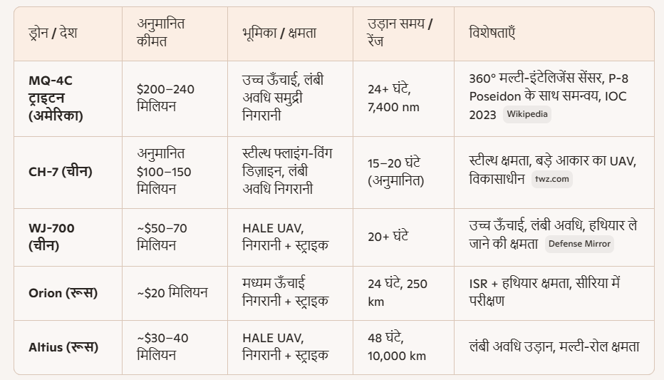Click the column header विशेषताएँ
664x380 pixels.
click(x=492, y=33)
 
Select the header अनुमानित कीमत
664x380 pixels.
click(x=161, y=33)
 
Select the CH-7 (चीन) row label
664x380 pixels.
click(x=61, y=171)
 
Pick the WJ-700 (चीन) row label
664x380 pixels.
click(x=52, y=237)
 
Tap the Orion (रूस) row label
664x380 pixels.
click(x=63, y=293)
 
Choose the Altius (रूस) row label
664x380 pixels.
click(x=63, y=347)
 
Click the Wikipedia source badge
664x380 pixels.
click(x=527, y=114)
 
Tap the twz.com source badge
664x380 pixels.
click(x=552, y=179)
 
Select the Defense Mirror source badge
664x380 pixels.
click(x=579, y=244)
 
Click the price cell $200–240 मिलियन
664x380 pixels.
click(x=165, y=98)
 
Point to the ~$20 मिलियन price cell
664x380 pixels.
click(x=172, y=292)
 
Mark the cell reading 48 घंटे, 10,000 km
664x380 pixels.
click(x=397, y=347)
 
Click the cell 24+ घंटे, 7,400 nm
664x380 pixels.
click(x=393, y=98)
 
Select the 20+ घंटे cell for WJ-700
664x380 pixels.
click(x=388, y=237)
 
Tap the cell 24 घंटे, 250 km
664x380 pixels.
click(x=398, y=292)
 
